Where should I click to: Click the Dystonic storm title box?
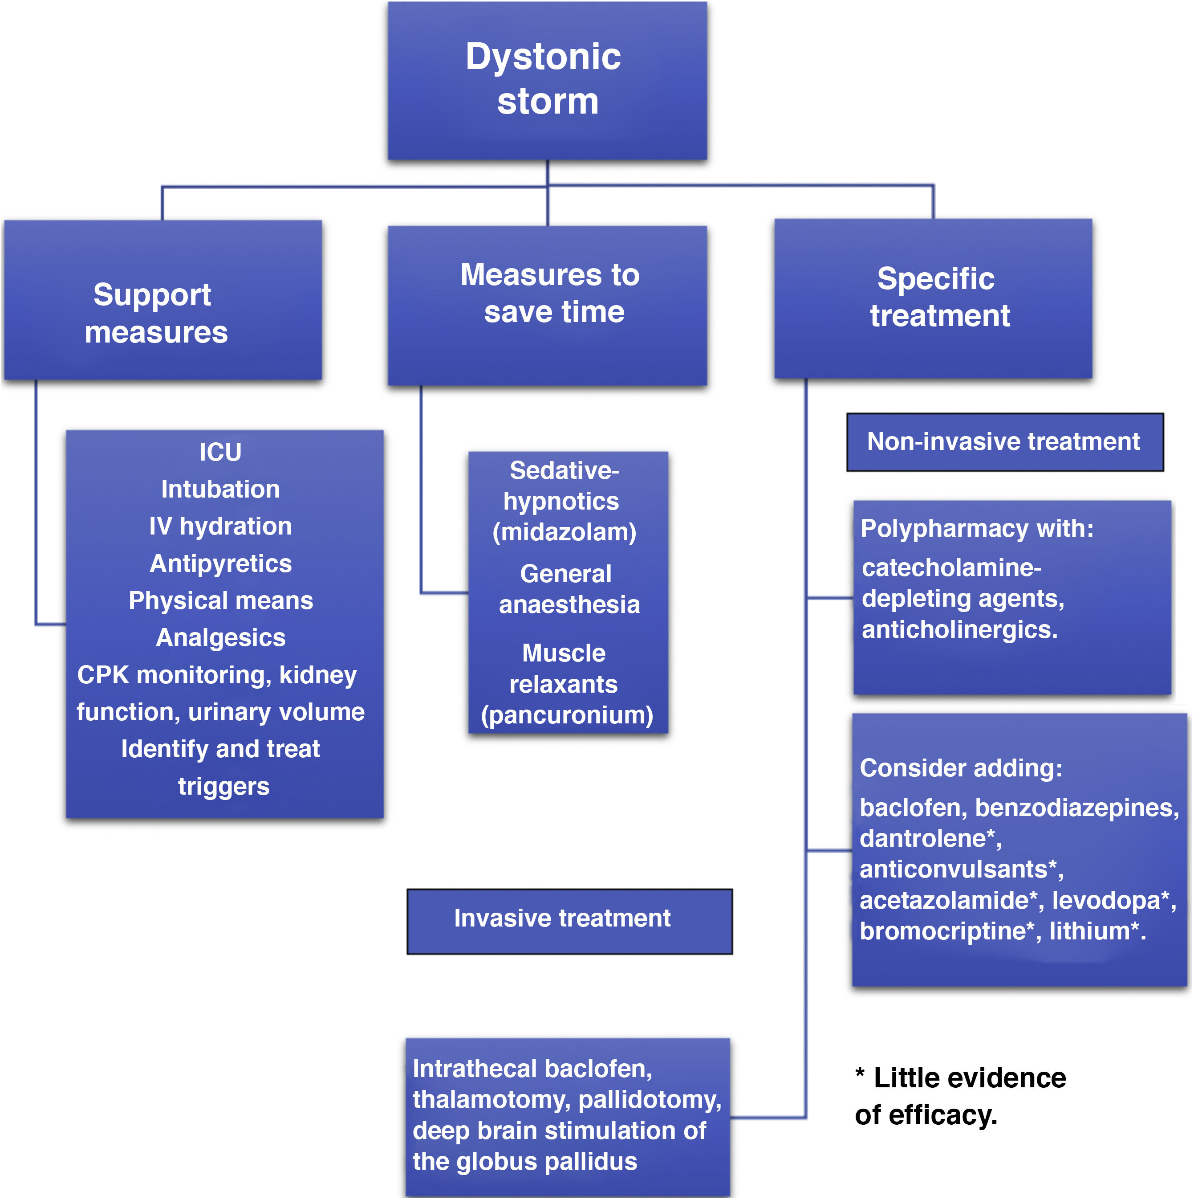tap(547, 81)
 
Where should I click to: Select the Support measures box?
tap(162, 300)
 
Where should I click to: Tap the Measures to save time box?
tap(547, 305)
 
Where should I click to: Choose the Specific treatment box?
tap(933, 298)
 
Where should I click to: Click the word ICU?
tap(220, 452)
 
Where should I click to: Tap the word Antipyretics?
tap(220, 564)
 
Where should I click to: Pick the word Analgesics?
tap(220, 638)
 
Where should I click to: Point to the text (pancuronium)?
tap(567, 715)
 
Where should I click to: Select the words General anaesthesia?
tap(568, 589)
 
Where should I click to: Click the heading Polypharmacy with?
tap(976, 529)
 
